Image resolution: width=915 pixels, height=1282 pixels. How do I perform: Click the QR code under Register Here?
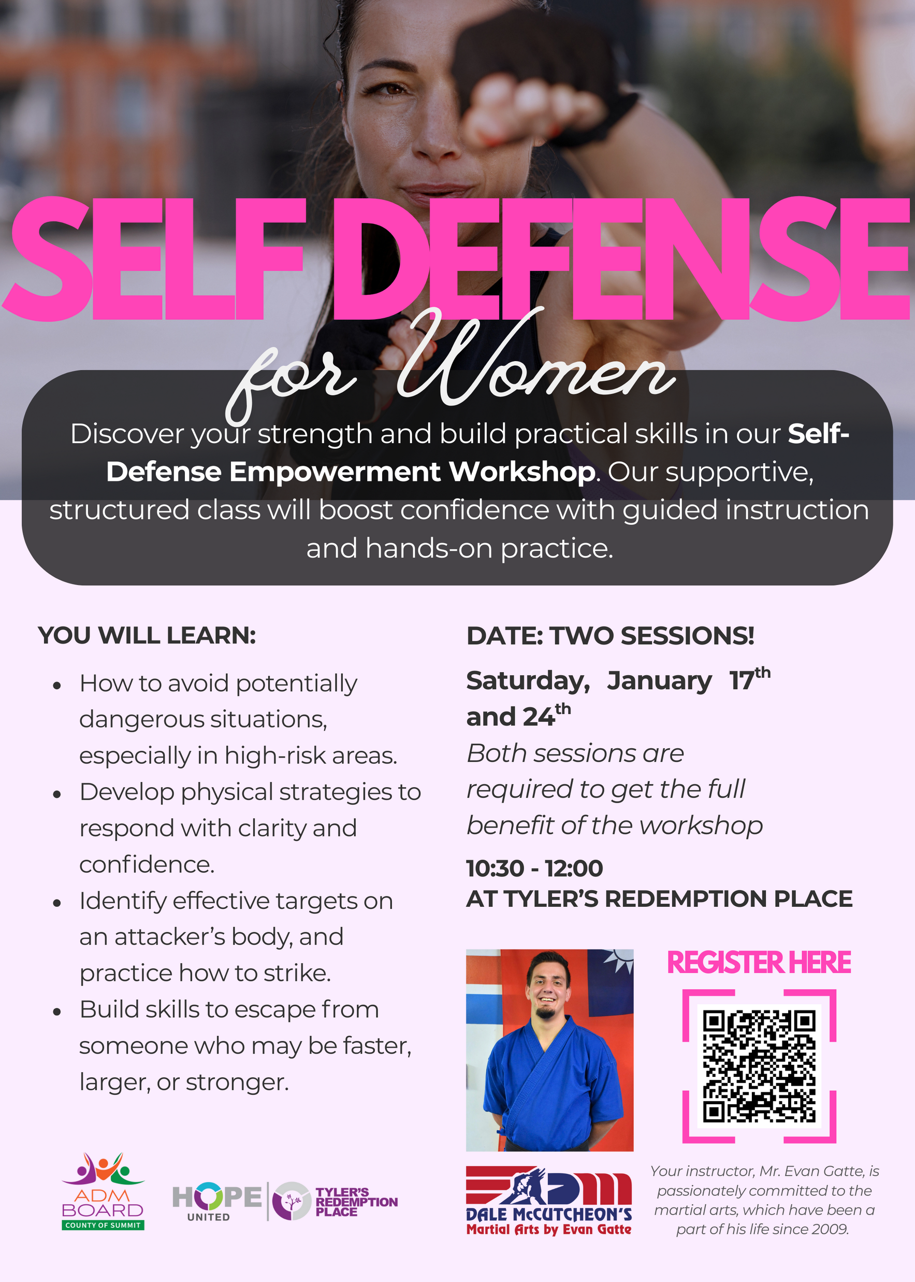[x=759, y=1065]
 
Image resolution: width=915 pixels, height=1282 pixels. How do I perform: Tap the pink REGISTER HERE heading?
[x=759, y=963]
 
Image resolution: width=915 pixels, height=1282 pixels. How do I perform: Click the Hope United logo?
[x=217, y=1201]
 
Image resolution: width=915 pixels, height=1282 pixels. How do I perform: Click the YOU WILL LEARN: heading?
[x=147, y=635]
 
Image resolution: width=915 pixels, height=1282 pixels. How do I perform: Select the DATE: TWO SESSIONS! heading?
[x=610, y=636]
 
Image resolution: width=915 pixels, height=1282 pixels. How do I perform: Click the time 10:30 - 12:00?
[x=534, y=868]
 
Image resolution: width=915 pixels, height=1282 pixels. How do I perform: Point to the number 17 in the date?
[x=741, y=681]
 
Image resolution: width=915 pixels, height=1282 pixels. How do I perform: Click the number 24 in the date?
[x=539, y=718]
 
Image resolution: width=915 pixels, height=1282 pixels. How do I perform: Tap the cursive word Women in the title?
[x=535, y=366]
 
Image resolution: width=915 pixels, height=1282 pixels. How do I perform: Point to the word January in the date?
[x=659, y=681]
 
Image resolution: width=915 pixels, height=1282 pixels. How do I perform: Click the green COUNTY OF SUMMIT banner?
[x=103, y=1225]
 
